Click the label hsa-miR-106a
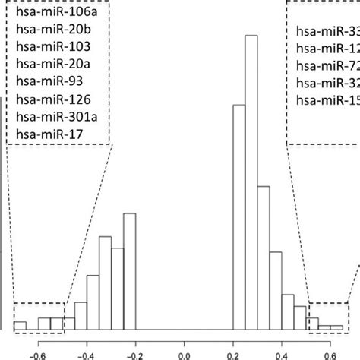[x=49, y=13]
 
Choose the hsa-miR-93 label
[x=40, y=83]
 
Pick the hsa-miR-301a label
[x=48, y=118]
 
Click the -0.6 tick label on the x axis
[x=36, y=352]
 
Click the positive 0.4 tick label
[x=283, y=352]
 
